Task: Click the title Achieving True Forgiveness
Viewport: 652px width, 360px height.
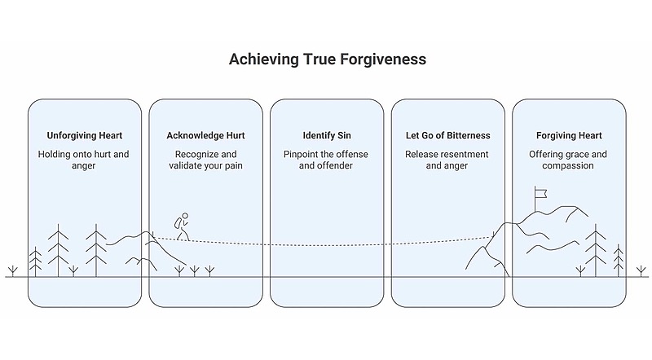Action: (x=326, y=60)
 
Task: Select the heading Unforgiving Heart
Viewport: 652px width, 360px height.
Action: (x=84, y=135)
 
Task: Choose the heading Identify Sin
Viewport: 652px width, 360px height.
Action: (x=326, y=135)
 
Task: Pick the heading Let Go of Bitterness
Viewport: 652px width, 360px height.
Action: (x=447, y=135)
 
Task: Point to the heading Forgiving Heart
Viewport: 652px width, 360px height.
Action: (x=569, y=135)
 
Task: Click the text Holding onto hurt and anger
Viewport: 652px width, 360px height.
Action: (x=84, y=160)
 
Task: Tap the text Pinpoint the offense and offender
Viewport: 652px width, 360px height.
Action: (x=326, y=160)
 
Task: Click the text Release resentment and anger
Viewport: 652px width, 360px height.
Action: (x=447, y=160)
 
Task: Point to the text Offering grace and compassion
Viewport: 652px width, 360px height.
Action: (x=569, y=160)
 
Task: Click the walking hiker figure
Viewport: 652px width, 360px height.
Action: (x=182, y=226)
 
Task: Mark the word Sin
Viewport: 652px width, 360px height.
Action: (x=343, y=135)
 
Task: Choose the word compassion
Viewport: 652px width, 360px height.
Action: (x=569, y=166)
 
